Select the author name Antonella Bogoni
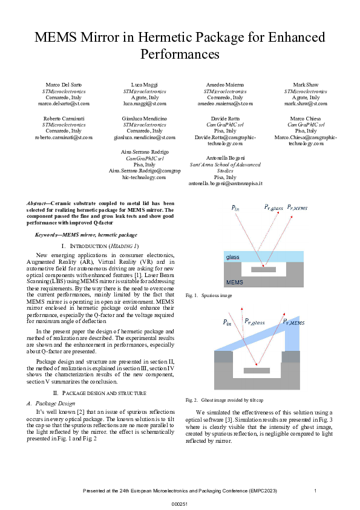(225, 157)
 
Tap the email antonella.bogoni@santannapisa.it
(225, 183)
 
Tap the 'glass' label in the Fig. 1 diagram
(233, 257)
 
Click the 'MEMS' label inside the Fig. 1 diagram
(235, 283)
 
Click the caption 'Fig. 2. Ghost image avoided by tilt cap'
(221, 400)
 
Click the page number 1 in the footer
(315, 490)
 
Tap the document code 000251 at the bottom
(180, 503)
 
